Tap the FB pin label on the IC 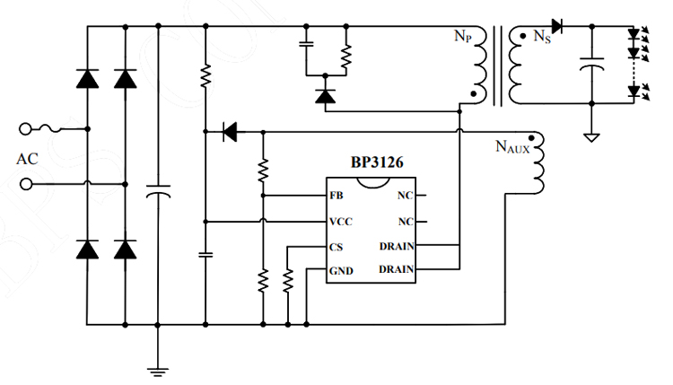[336, 195]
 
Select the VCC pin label [340, 221]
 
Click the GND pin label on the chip [340, 269]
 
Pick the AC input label [28, 159]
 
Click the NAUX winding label [512, 145]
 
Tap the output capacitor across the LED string [591, 65]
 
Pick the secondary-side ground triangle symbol [591, 136]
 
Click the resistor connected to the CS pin [287, 281]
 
